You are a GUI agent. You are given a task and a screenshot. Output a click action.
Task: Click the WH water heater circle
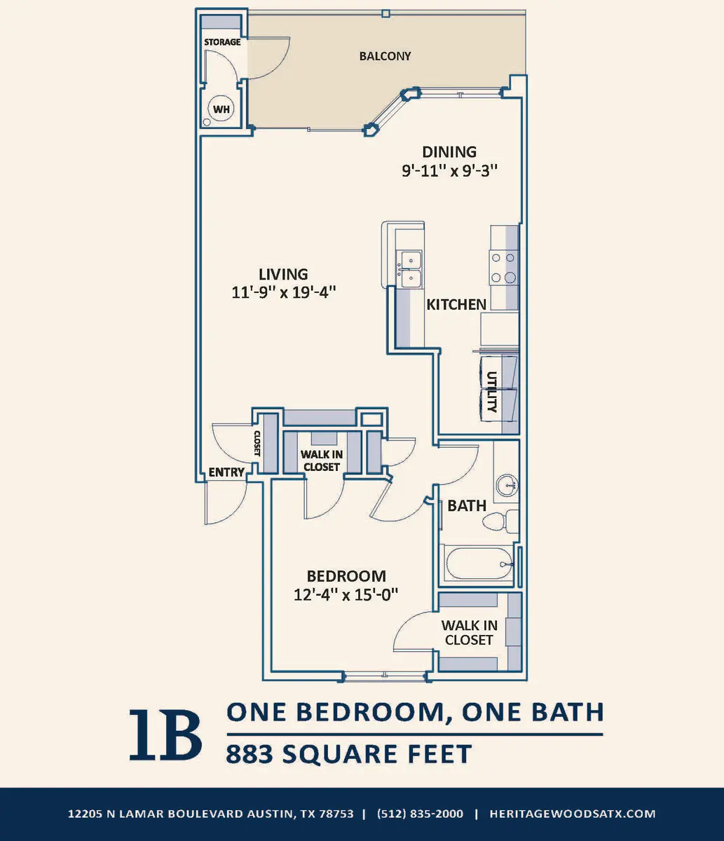(221, 109)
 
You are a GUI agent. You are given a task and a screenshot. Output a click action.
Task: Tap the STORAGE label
(222, 42)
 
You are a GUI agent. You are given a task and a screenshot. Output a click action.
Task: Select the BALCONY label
(385, 56)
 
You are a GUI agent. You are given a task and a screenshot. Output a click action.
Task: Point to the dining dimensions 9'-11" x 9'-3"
(450, 170)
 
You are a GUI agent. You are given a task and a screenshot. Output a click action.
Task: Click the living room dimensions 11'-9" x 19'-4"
(284, 292)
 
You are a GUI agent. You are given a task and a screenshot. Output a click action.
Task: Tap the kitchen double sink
(410, 269)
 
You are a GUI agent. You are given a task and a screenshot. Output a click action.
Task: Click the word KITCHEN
(456, 304)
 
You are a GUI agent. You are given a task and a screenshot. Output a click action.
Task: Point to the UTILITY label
(492, 392)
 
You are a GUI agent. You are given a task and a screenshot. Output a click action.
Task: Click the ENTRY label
(226, 472)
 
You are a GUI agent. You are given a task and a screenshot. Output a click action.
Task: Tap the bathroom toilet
(500, 521)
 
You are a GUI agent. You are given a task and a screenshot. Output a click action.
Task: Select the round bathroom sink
(507, 485)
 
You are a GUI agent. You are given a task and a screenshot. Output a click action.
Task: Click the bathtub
(479, 564)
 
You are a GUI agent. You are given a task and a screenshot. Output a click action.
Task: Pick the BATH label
(467, 506)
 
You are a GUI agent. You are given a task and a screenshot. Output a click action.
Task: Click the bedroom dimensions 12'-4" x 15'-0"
(346, 595)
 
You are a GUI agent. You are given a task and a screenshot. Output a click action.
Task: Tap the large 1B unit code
(165, 734)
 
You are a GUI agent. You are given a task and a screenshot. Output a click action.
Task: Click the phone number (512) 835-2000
(420, 814)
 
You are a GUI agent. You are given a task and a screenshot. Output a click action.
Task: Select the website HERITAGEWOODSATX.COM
(573, 814)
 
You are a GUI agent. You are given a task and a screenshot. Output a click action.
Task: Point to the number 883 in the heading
(250, 753)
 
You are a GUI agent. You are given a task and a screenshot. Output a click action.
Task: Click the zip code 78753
(336, 814)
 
